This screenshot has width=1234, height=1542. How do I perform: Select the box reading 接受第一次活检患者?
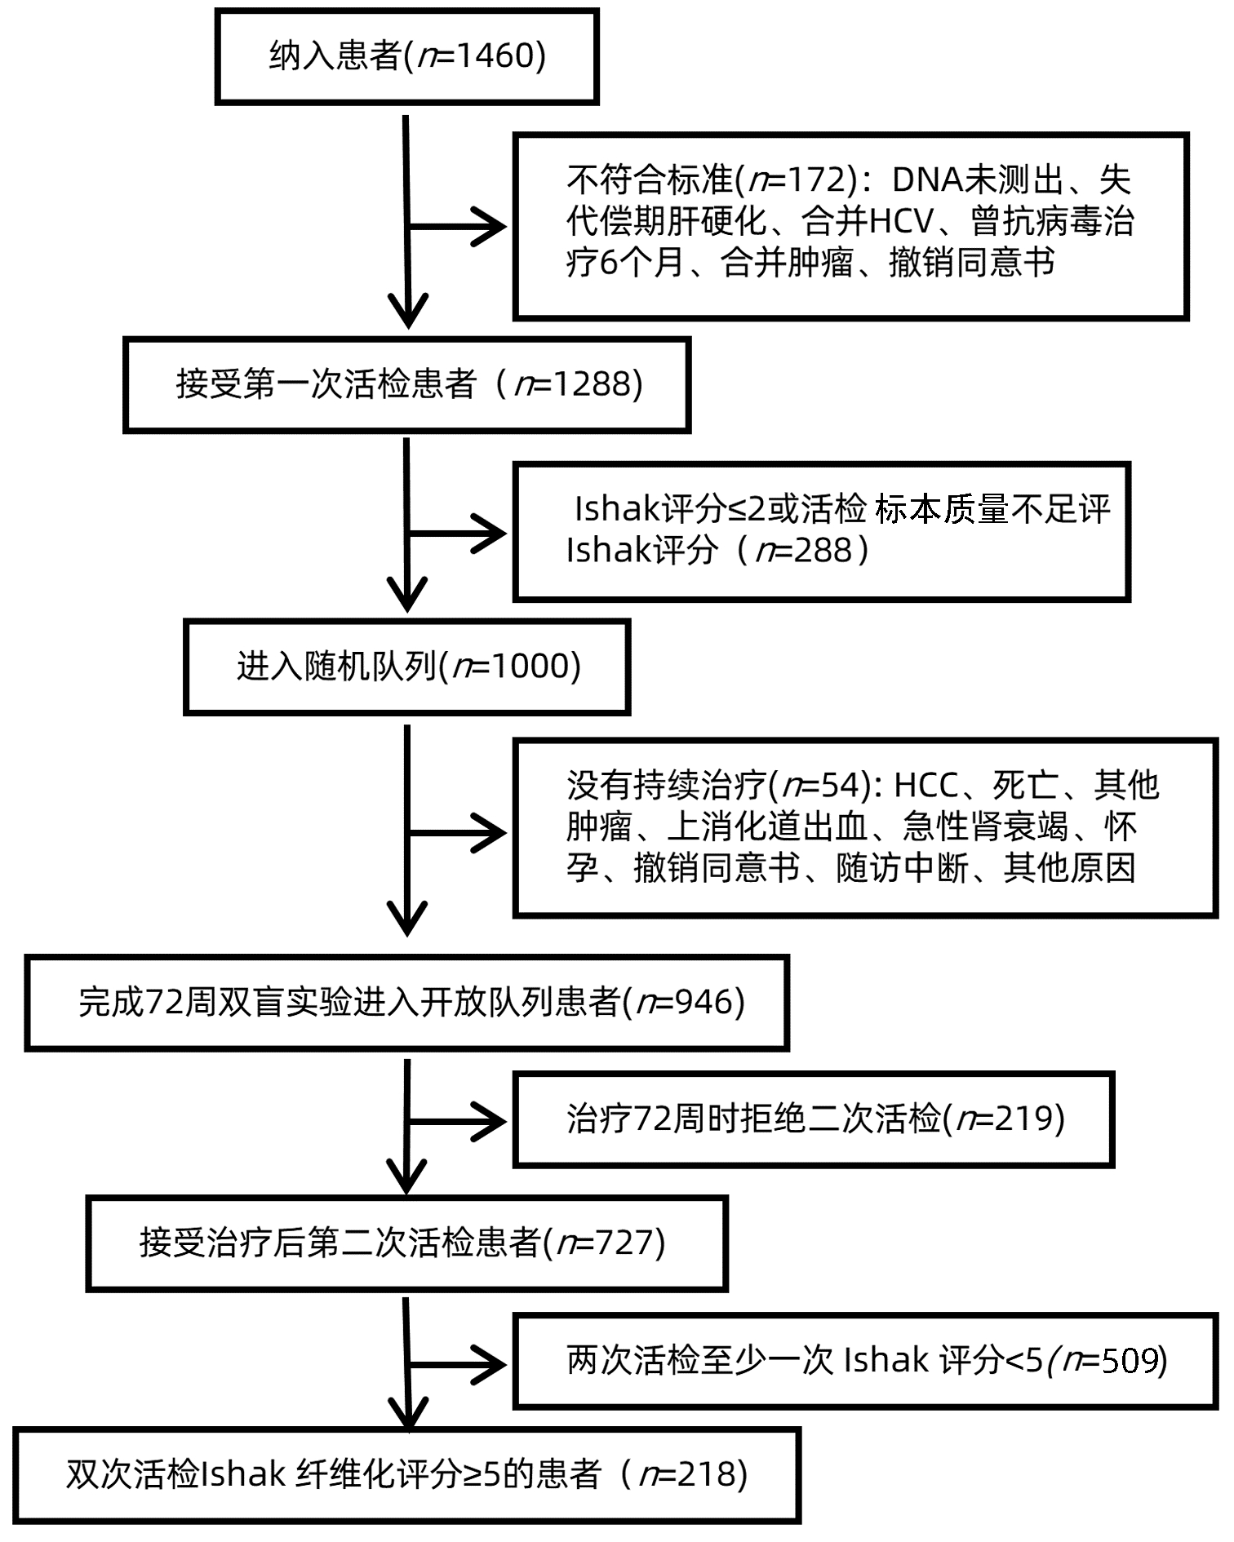click(406, 384)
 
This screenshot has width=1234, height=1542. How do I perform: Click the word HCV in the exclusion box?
click(901, 221)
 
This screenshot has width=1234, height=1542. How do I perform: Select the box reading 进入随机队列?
click(406, 667)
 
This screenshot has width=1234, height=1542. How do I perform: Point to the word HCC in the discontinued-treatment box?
click(926, 786)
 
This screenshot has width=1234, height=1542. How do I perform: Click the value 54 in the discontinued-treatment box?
click(842, 786)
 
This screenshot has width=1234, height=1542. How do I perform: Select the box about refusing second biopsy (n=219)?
click(814, 1119)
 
